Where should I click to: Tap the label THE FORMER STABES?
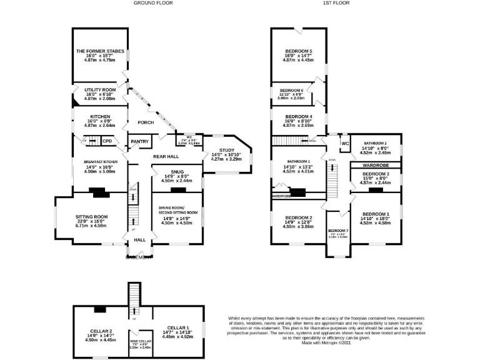click(x=100, y=51)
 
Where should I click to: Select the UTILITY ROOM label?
click(x=100, y=89)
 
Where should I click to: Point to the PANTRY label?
click(x=139, y=142)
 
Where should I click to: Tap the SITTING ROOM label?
click(x=92, y=217)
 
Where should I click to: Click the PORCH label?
click(x=137, y=122)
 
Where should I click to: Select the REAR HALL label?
click(x=150, y=156)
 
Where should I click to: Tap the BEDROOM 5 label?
click(x=299, y=51)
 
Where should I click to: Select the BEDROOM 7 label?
click(x=337, y=231)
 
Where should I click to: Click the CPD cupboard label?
click(x=107, y=141)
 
